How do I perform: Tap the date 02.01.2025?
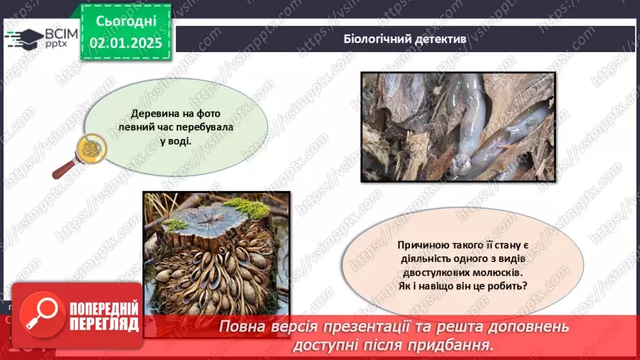point(126,43)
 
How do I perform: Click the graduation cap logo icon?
point(24,36)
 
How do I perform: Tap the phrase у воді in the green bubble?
point(175,140)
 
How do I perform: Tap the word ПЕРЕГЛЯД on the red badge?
point(104,324)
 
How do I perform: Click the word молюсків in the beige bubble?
point(494,272)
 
